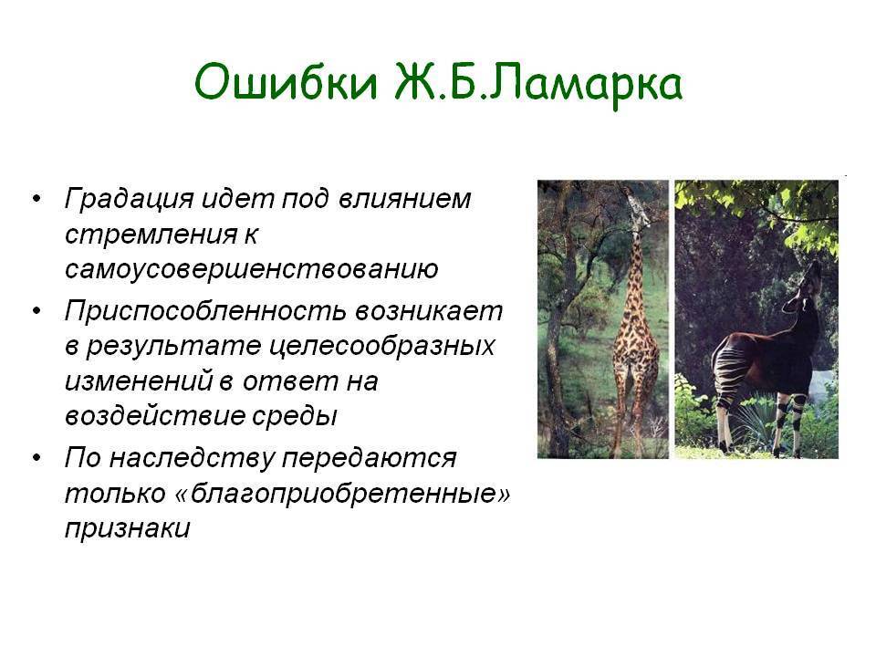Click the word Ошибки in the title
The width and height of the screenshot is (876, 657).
tap(286, 83)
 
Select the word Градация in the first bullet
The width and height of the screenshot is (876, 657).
tap(129, 200)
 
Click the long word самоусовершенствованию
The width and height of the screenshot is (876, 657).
tap(252, 268)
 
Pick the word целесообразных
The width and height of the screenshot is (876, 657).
tap(382, 347)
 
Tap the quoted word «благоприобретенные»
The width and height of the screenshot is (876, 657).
tap(342, 494)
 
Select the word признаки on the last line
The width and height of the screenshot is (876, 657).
tap(128, 528)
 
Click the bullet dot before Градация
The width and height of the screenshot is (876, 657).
tap(36, 199)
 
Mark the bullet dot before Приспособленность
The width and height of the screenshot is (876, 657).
tap(36, 310)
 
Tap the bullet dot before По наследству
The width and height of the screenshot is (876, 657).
tap(36, 457)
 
